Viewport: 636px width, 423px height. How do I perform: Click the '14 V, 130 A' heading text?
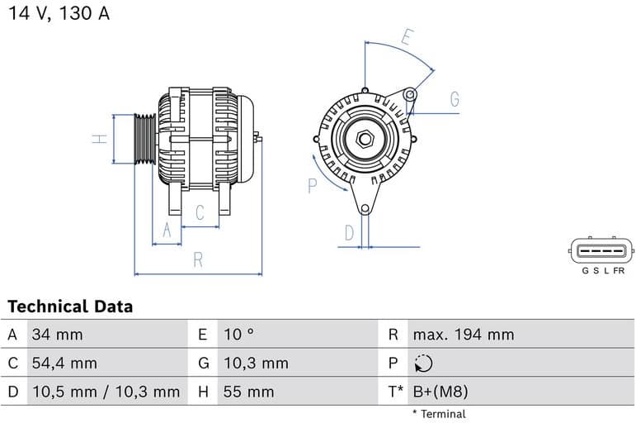coord(59,14)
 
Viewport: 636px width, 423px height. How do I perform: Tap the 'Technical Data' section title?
coord(70,307)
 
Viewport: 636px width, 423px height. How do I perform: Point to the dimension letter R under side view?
coord(198,259)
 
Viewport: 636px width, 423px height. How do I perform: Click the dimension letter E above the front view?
coord(407,37)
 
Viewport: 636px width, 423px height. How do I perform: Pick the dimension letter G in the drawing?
coord(455,100)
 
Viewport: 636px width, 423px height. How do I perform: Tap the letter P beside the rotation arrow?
coord(313,186)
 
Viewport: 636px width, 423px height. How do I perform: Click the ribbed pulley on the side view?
coord(144,139)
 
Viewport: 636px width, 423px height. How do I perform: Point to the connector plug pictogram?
coord(602,250)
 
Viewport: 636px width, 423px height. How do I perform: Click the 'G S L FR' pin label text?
coord(602,271)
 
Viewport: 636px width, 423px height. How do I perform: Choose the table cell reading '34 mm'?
coord(57,335)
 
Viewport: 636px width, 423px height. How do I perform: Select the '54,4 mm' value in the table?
coord(64,363)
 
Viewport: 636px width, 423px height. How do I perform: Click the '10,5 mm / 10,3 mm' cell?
coord(105,392)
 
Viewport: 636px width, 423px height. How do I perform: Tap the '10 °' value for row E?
coord(238,335)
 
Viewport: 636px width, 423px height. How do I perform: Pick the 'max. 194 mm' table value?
coord(463,335)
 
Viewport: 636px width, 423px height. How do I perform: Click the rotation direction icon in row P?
coord(422,364)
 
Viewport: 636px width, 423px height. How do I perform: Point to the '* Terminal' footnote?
coord(439,414)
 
